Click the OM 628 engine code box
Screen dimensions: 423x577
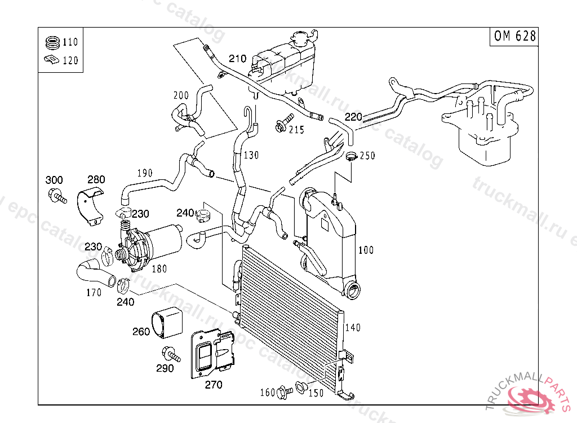click(514, 36)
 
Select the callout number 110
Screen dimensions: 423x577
click(70, 42)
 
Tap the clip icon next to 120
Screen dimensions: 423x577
click(51, 60)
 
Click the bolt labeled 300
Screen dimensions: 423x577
click(56, 197)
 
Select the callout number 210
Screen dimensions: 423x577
click(237, 59)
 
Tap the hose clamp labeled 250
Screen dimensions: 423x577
click(352, 156)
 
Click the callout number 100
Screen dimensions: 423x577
click(366, 250)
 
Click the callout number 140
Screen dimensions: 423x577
click(352, 328)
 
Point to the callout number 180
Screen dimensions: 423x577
click(159, 269)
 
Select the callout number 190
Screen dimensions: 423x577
click(145, 173)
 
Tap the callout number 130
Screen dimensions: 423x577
click(251, 155)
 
